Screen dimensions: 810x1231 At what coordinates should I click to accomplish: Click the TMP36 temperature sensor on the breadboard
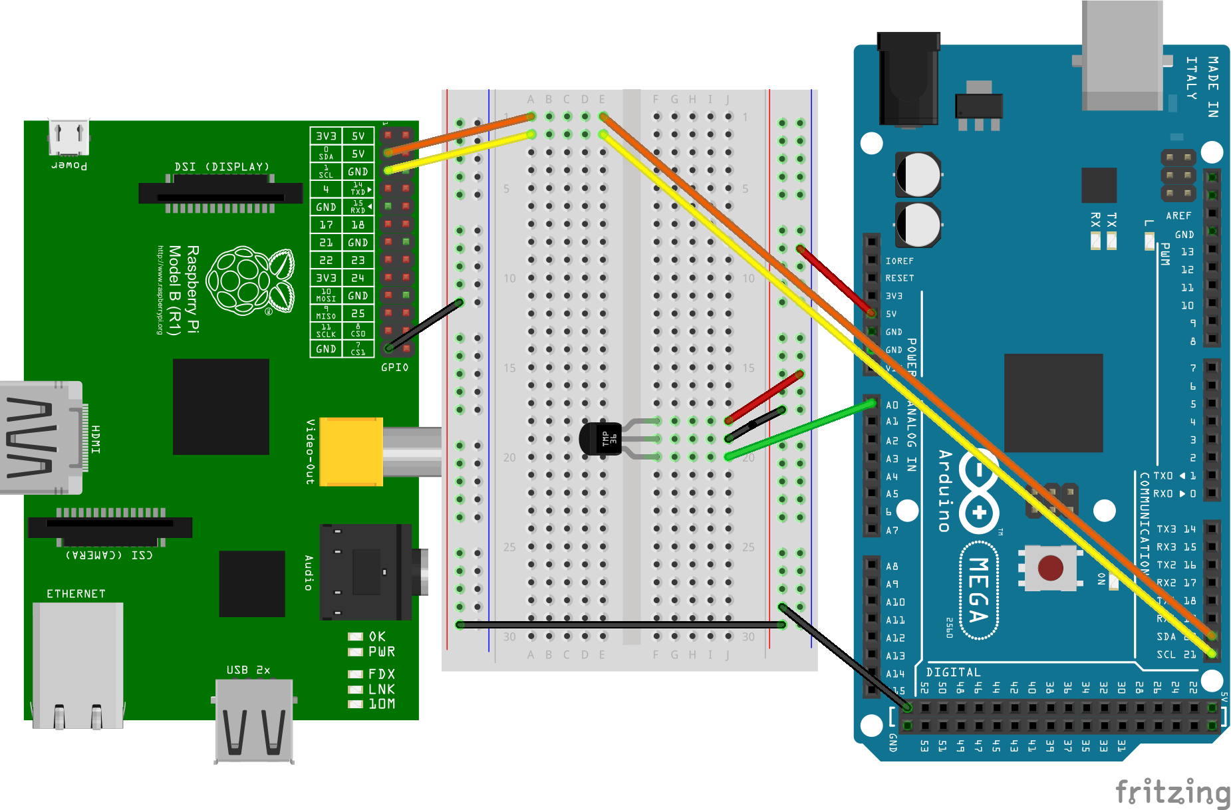(x=601, y=439)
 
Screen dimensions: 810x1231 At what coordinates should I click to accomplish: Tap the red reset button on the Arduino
(x=1050, y=568)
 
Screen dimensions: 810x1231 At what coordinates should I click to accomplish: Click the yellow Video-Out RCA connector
(x=351, y=452)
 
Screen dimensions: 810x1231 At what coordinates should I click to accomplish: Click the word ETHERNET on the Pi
(x=76, y=594)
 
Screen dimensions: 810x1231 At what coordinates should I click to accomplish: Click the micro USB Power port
(x=68, y=137)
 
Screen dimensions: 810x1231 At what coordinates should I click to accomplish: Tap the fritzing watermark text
(x=1172, y=792)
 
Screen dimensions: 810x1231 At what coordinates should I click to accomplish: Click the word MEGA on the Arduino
(x=978, y=590)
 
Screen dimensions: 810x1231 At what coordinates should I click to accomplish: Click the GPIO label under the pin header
(x=394, y=367)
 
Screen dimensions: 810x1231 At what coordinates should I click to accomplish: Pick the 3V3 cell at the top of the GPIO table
(x=326, y=136)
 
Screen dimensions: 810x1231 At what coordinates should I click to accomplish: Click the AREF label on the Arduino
(x=1178, y=215)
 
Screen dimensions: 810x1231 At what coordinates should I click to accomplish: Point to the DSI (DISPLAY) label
(x=221, y=166)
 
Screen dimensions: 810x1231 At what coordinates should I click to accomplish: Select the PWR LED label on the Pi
(x=382, y=652)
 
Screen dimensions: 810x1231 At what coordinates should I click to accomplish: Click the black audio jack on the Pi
(x=366, y=571)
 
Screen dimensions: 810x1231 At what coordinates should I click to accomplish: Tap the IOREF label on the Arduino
(x=899, y=261)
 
